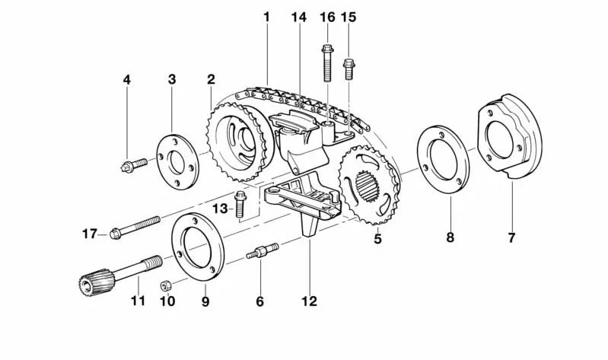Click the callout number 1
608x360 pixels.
pyautogui.click(x=267, y=17)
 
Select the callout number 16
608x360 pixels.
pyautogui.click(x=327, y=17)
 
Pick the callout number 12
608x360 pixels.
pyautogui.click(x=308, y=301)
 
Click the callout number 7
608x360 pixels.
pyautogui.click(x=511, y=238)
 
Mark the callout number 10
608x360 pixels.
pyautogui.click(x=167, y=301)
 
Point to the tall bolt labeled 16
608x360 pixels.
pyautogui.click(x=327, y=62)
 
